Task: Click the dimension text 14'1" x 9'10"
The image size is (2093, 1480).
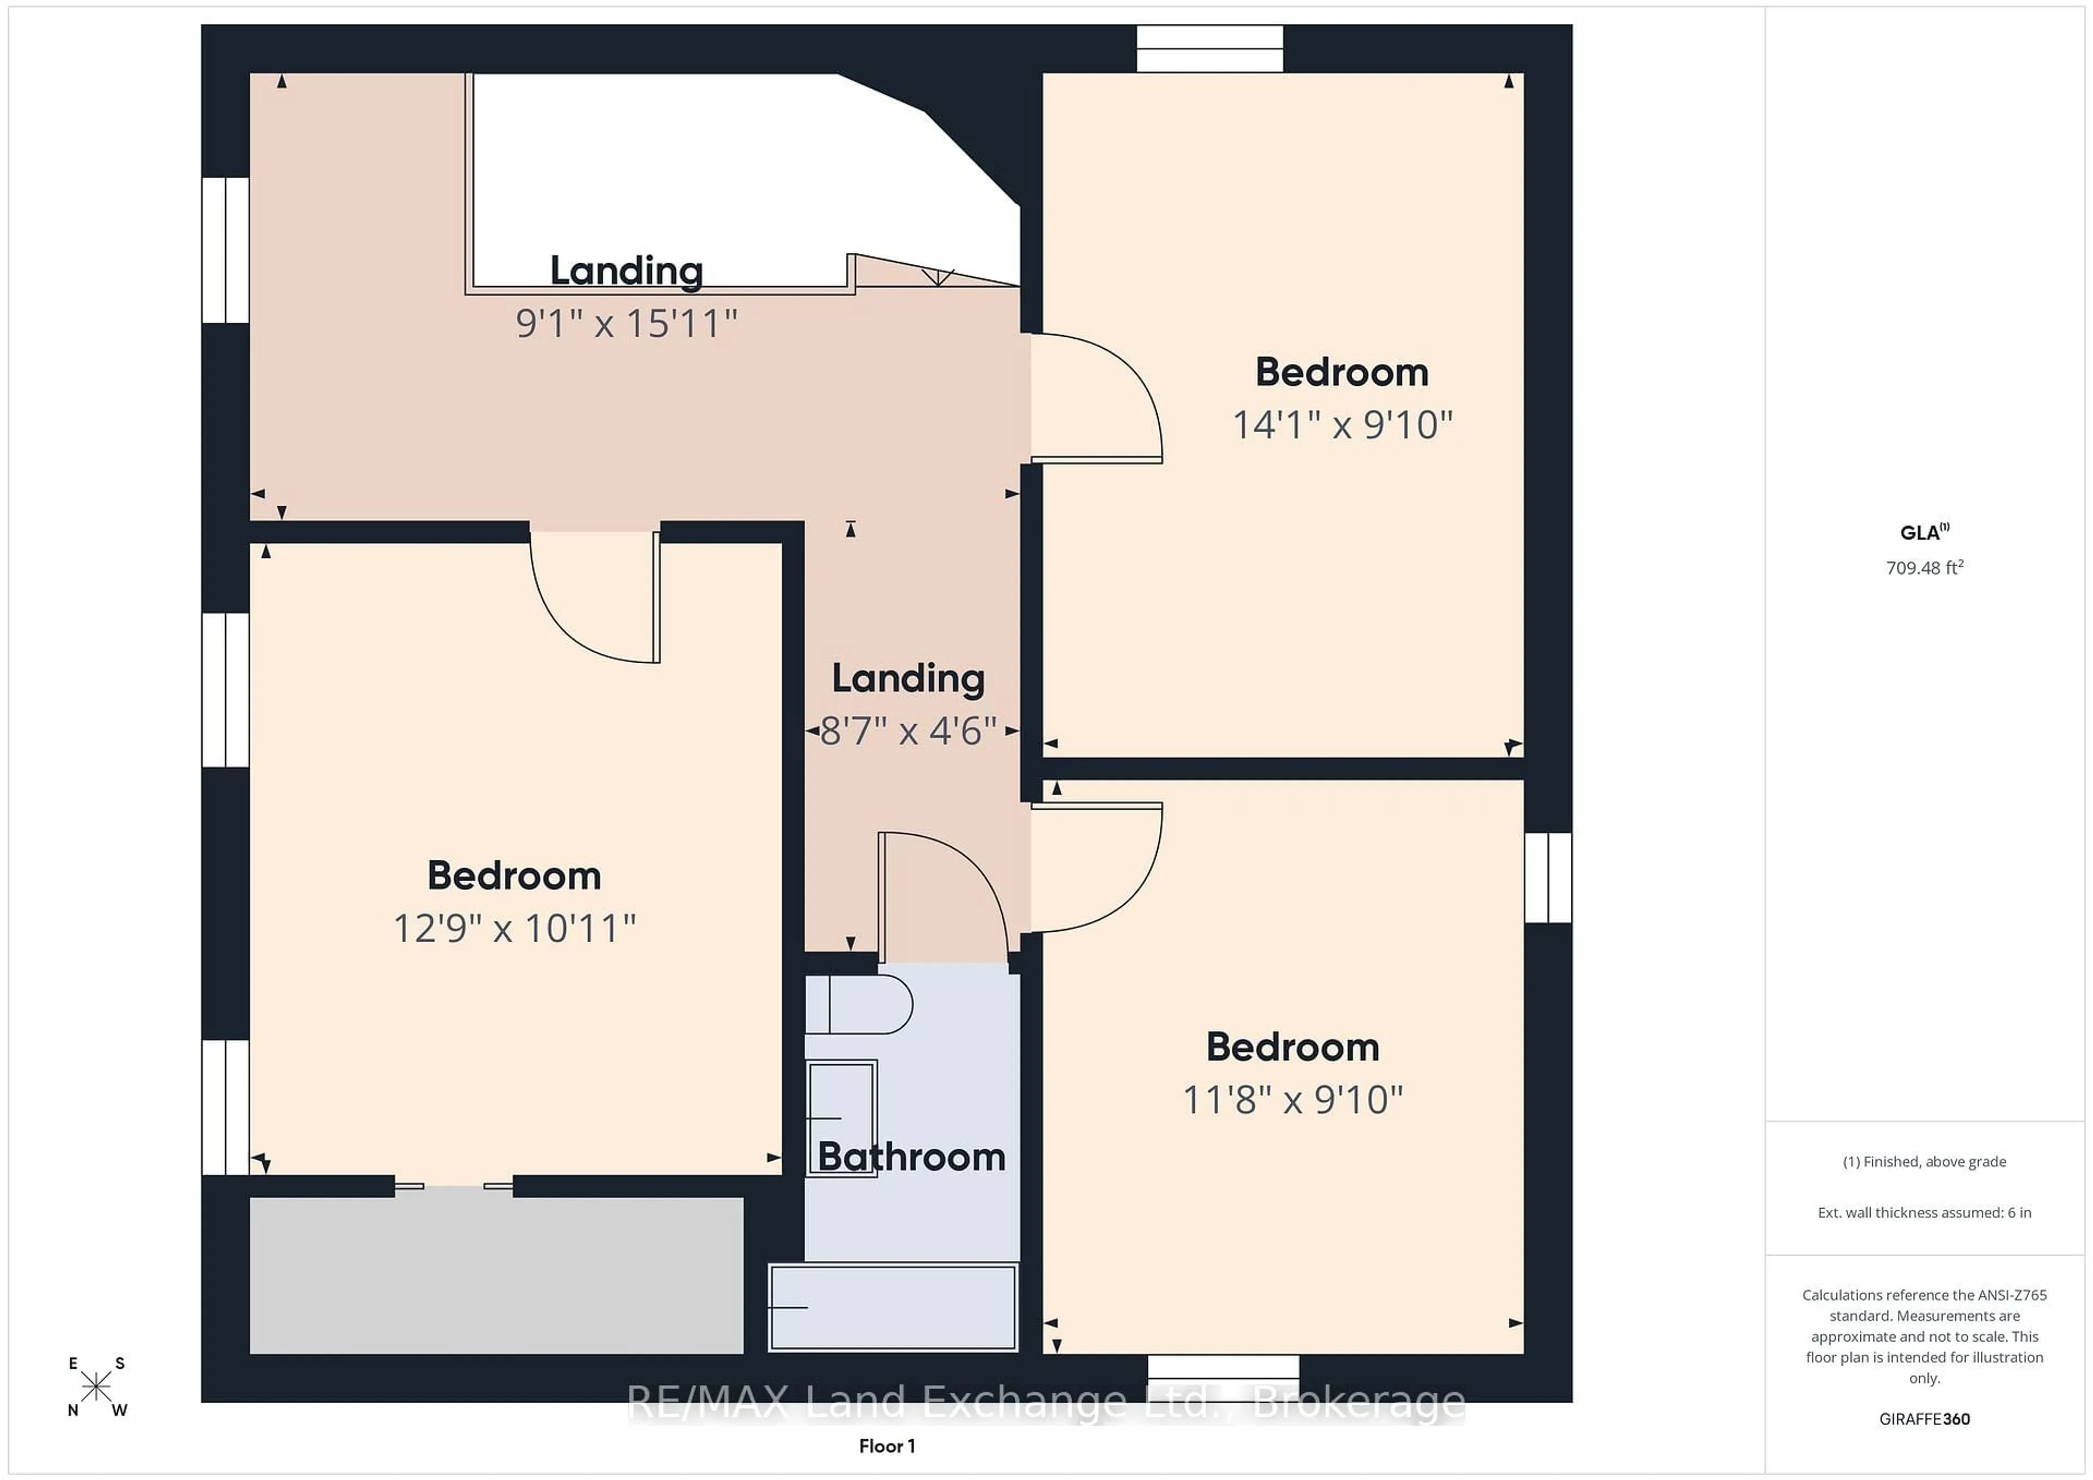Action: (x=1342, y=424)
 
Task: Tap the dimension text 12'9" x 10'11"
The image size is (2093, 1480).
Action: (x=514, y=929)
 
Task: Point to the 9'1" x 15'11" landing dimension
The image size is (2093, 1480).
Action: (x=626, y=324)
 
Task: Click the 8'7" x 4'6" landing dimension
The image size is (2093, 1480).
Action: (x=908, y=731)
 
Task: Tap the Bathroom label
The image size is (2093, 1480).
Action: (x=911, y=1156)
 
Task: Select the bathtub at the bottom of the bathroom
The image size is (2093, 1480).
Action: (x=893, y=1306)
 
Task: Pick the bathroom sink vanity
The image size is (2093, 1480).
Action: (x=840, y=1117)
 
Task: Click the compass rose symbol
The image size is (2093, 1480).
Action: (x=96, y=1387)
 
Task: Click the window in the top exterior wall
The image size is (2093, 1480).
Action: (x=1209, y=48)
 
